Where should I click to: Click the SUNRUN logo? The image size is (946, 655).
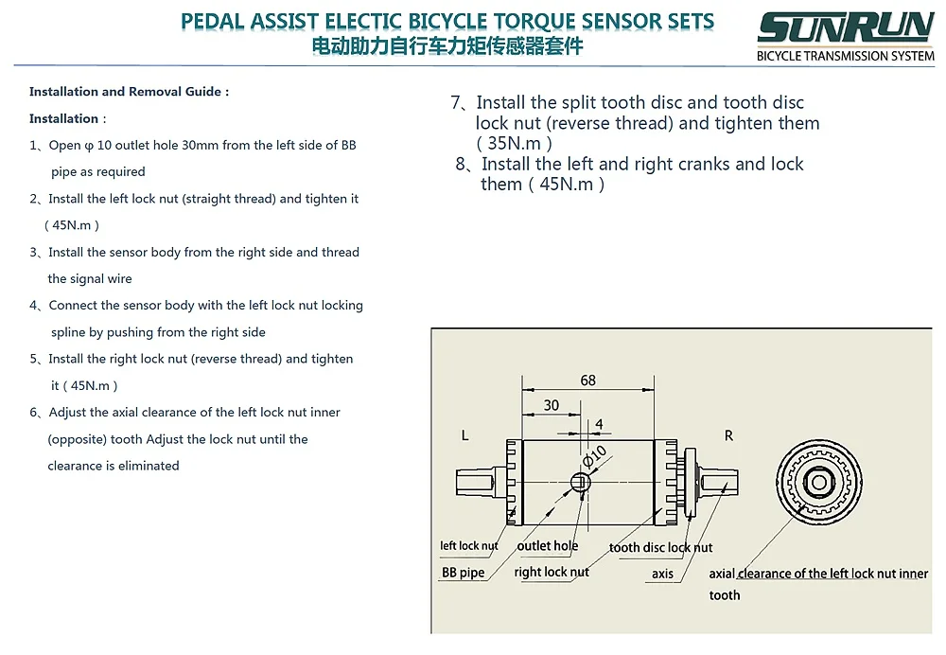click(845, 27)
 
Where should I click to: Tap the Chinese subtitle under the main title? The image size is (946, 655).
click(447, 45)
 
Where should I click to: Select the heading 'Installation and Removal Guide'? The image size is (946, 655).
click(129, 92)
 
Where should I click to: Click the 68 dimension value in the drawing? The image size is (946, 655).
click(587, 380)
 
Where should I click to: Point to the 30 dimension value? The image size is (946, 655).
click(551, 405)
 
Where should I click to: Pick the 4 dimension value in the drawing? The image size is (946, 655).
click(598, 423)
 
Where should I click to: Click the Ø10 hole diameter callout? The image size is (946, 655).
click(596, 455)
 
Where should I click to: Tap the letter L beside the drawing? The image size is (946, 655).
click(464, 435)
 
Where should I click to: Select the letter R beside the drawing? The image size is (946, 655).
click(728, 435)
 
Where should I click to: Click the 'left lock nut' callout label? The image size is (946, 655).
click(468, 546)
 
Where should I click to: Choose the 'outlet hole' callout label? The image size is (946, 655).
click(547, 546)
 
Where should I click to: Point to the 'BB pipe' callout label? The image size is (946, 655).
click(463, 573)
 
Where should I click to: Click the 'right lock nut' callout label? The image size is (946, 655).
click(552, 573)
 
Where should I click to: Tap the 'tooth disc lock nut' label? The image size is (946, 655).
click(660, 547)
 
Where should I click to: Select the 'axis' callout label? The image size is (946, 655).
click(662, 574)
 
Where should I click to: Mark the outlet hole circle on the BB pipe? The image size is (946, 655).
click(581, 483)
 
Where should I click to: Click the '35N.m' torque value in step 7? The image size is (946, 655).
click(515, 144)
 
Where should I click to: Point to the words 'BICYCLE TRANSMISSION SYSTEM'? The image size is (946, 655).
click(845, 57)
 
